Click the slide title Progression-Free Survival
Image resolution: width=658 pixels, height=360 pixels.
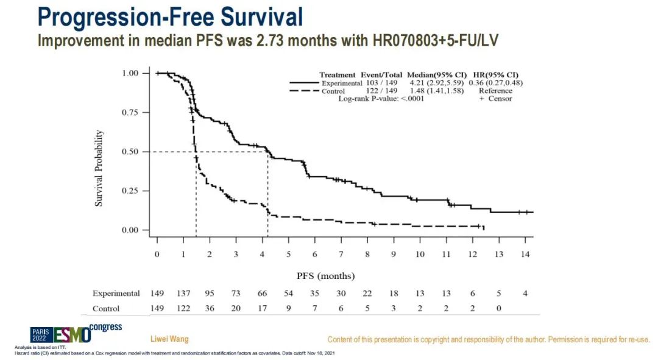point(170,17)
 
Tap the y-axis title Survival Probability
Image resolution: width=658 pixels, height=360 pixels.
point(99,168)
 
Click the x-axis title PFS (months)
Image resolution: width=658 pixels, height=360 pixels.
point(325,275)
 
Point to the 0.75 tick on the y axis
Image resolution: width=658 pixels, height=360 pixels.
point(130,113)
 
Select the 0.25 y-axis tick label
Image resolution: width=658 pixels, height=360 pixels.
point(130,191)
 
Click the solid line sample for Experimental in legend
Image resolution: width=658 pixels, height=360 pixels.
point(303,83)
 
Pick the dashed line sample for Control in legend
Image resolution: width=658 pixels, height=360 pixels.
point(303,91)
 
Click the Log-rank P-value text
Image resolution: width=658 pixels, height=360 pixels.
point(381,99)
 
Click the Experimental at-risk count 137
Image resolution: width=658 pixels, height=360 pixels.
point(183,294)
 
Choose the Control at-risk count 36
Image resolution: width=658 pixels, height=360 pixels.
point(209,309)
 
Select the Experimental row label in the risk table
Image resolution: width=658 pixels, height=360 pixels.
point(116,294)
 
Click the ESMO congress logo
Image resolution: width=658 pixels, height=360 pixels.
point(76,333)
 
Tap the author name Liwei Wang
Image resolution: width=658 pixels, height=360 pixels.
point(169,339)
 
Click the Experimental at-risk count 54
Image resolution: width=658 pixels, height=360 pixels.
point(288,294)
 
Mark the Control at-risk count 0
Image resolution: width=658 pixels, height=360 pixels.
point(498,309)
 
